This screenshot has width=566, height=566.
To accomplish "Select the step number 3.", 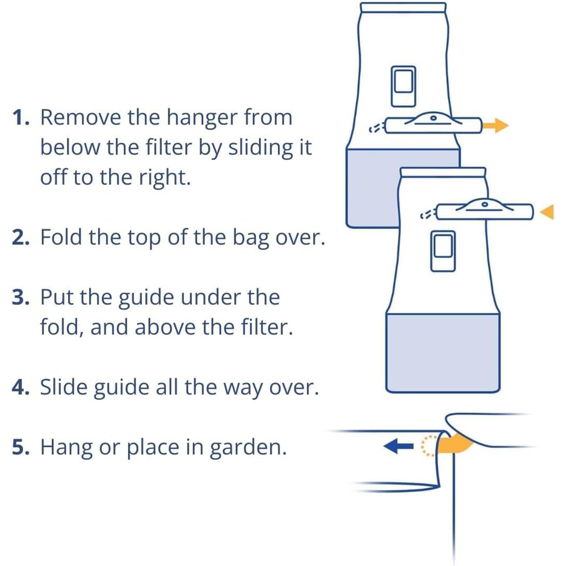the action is pyautogui.click(x=21, y=297).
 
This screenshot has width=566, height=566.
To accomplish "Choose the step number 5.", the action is pyautogui.click(x=21, y=447).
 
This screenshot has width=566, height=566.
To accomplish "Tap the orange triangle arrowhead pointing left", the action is pyautogui.click(x=547, y=212).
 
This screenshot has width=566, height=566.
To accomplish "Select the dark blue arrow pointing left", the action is pyautogui.click(x=398, y=447).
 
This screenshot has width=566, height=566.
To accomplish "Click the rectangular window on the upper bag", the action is pyautogui.click(x=403, y=86).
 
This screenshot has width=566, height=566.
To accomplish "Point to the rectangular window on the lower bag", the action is pyautogui.click(x=443, y=251).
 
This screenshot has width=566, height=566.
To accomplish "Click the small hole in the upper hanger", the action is pyautogui.click(x=434, y=118).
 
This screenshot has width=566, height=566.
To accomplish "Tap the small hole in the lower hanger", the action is pyautogui.click(x=485, y=204).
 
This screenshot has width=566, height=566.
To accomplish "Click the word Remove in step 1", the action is pyautogui.click(x=81, y=118).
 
